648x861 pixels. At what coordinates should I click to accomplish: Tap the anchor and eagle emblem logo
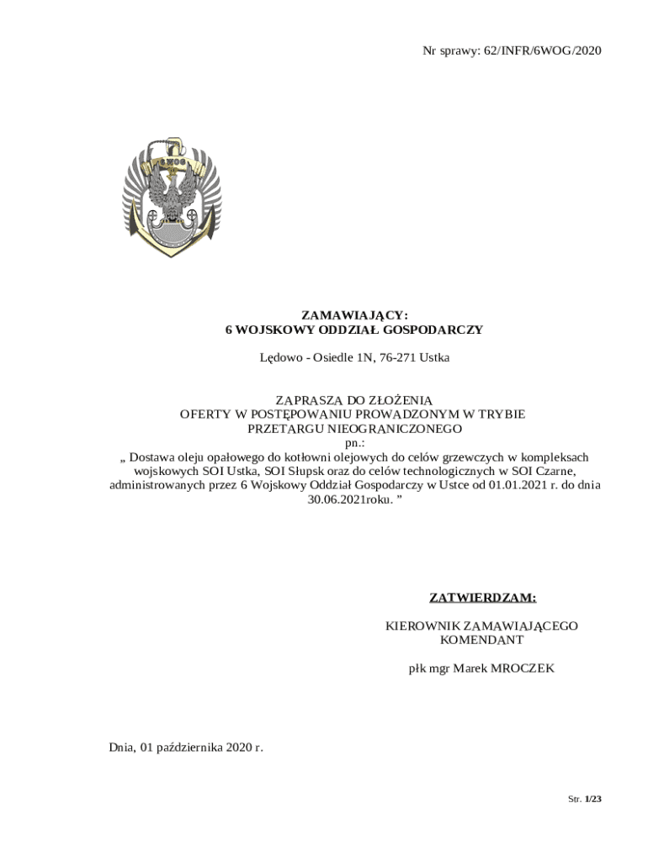pyautogui.click(x=172, y=196)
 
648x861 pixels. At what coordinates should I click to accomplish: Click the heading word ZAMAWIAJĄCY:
pyautogui.click(x=355, y=314)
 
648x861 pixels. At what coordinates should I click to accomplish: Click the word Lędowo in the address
pyautogui.click(x=279, y=357)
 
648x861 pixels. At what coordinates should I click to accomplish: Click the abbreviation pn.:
pyautogui.click(x=355, y=442)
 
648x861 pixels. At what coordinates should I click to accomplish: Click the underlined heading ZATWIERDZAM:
pyautogui.click(x=483, y=598)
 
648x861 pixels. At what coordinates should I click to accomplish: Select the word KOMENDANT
pyautogui.click(x=482, y=640)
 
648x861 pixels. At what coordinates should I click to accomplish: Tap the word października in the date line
pyautogui.click(x=197, y=747)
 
